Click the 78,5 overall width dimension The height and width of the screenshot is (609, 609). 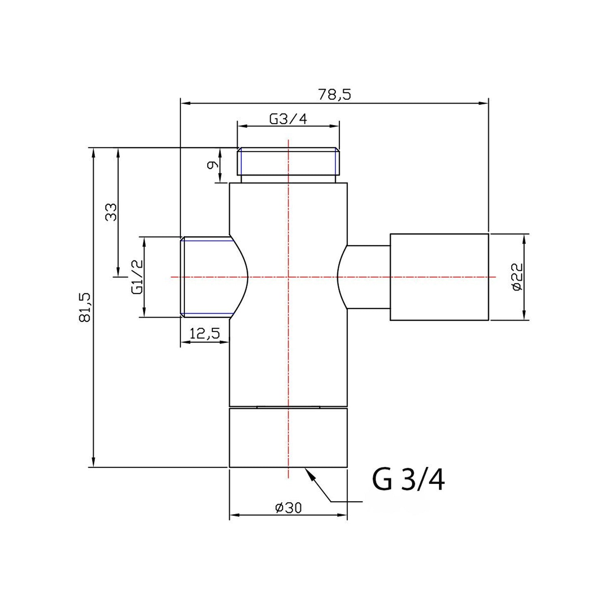pos(335,94)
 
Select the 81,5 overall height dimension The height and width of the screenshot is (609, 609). pos(85,307)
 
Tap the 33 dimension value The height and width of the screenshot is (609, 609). pos(111,212)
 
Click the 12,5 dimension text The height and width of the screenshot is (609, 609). pos(205,333)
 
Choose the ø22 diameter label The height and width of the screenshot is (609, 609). pos(516,277)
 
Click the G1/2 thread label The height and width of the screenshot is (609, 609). pos(137,277)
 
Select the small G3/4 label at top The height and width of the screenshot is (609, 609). pos(288,119)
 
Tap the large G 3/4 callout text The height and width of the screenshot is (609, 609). pos(408,480)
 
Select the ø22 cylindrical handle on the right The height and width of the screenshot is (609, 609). pos(439,277)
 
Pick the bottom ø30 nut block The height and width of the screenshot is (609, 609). pos(288,438)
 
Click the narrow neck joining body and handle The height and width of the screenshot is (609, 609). pos(364,277)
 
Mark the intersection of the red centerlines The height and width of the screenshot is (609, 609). pos(288,277)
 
